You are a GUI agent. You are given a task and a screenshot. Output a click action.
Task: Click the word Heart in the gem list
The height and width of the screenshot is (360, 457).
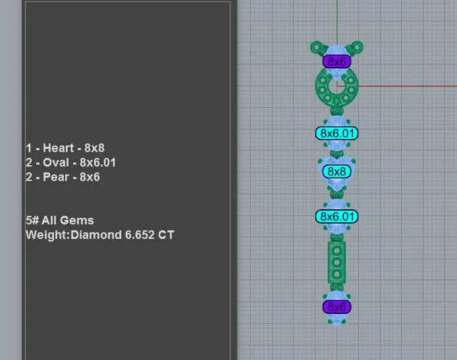(59, 148)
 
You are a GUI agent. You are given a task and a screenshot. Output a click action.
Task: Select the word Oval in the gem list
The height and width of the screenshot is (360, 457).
(56, 163)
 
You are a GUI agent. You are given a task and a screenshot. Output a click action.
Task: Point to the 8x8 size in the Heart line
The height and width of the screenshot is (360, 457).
(94, 148)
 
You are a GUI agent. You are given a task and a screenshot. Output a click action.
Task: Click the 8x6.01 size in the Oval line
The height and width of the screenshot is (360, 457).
(98, 163)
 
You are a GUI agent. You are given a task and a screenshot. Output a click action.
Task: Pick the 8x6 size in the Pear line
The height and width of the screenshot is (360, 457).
(90, 177)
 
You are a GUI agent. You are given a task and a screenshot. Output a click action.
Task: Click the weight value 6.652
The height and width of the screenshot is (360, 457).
(140, 235)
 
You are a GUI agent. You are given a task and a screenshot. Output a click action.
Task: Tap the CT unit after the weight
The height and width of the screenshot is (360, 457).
(166, 235)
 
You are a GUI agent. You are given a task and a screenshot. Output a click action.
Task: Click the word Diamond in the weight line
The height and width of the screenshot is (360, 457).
(96, 235)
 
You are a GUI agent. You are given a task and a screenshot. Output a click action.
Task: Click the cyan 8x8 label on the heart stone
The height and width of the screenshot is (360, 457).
(336, 171)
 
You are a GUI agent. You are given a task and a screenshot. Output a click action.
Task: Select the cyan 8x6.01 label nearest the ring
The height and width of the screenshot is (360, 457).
(336, 134)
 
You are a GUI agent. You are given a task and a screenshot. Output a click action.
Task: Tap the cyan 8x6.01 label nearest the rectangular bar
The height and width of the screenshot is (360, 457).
(336, 217)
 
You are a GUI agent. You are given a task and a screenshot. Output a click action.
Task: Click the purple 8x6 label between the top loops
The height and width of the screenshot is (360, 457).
(336, 61)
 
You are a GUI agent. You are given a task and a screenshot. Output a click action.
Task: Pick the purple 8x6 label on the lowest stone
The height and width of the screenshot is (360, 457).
(336, 307)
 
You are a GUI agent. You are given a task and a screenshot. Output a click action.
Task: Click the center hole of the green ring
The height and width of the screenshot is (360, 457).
(337, 86)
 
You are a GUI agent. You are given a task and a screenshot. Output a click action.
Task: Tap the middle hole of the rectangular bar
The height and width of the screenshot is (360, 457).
(336, 263)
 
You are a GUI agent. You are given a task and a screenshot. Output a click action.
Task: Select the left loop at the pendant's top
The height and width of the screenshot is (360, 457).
(317, 48)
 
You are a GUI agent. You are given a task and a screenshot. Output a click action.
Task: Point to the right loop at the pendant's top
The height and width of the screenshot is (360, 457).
(356, 47)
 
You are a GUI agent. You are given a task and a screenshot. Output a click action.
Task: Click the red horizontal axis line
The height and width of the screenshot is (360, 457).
(397, 86)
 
